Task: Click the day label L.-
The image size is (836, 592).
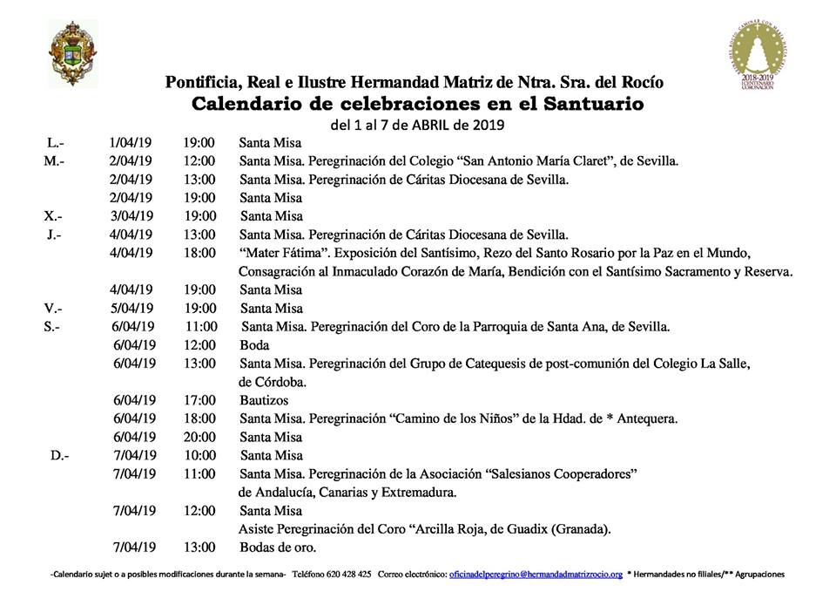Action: tap(54, 142)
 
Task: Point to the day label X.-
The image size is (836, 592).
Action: tap(54, 216)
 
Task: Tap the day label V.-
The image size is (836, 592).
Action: tap(54, 309)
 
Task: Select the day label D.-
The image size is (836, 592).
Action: tap(59, 455)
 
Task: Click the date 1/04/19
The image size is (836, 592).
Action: tap(131, 142)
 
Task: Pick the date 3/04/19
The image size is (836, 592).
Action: tap(131, 216)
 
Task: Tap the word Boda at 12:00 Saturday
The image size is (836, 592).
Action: tap(254, 345)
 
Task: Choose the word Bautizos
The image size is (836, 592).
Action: tap(264, 400)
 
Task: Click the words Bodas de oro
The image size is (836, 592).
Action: tap(277, 548)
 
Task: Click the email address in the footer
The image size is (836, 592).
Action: tap(536, 575)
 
